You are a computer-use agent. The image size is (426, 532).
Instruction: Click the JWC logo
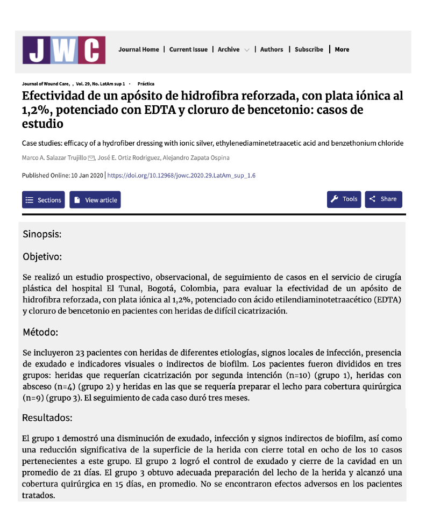(63, 50)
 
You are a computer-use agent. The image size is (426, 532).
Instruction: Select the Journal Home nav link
(139, 49)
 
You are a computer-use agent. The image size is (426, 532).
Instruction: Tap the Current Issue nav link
(188, 49)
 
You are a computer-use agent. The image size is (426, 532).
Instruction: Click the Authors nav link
(272, 49)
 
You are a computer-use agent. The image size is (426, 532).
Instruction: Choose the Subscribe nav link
(309, 49)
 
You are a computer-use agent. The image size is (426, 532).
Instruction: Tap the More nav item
(342, 49)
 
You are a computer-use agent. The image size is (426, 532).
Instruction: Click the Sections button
(44, 200)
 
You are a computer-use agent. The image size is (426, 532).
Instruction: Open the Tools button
(344, 199)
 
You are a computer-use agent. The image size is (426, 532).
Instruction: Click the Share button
(384, 199)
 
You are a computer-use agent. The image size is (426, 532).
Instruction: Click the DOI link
(182, 175)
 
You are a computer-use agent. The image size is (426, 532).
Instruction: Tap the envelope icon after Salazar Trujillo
(91, 158)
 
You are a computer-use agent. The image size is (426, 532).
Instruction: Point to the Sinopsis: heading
(42, 234)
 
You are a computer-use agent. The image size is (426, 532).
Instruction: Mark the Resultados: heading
(47, 417)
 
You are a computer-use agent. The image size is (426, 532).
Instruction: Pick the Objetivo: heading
(42, 256)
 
